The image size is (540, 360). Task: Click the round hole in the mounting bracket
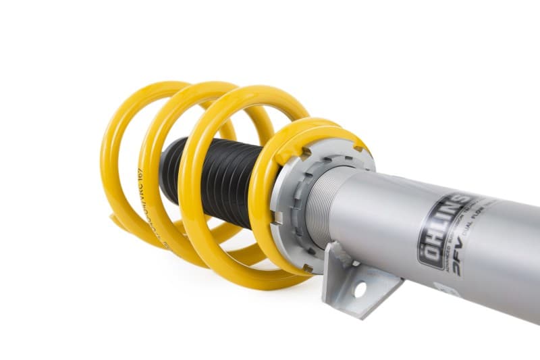(x=359, y=290)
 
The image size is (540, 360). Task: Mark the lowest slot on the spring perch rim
(x=307, y=268)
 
